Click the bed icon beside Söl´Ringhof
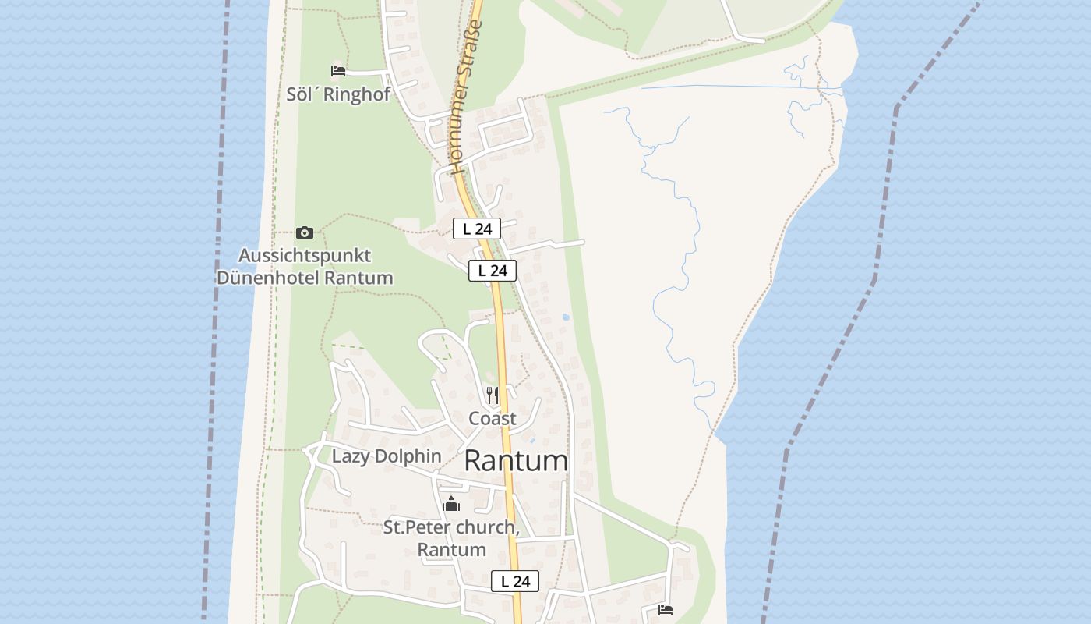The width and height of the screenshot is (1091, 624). pyautogui.click(x=337, y=71)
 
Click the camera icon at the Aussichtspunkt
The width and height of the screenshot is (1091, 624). pyautogui.click(x=305, y=232)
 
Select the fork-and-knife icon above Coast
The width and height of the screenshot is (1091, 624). pyautogui.click(x=492, y=395)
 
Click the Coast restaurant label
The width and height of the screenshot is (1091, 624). pyautogui.click(x=492, y=419)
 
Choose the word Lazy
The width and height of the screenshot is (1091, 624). pyautogui.click(x=350, y=456)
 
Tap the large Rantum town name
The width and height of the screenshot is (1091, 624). pyautogui.click(x=516, y=461)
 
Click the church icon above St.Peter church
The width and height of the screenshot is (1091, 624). pyautogui.click(x=451, y=505)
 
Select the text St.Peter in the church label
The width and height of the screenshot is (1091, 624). pyautogui.click(x=417, y=528)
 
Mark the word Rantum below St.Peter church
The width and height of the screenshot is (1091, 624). pyautogui.click(x=451, y=550)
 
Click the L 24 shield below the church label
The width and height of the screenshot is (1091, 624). pyautogui.click(x=515, y=581)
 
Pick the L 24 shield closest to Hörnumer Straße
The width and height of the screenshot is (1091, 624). pyautogui.click(x=477, y=229)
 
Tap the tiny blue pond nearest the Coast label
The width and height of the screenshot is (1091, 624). pyautogui.click(x=533, y=441)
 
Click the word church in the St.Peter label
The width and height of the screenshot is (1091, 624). pyautogui.click(x=485, y=528)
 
